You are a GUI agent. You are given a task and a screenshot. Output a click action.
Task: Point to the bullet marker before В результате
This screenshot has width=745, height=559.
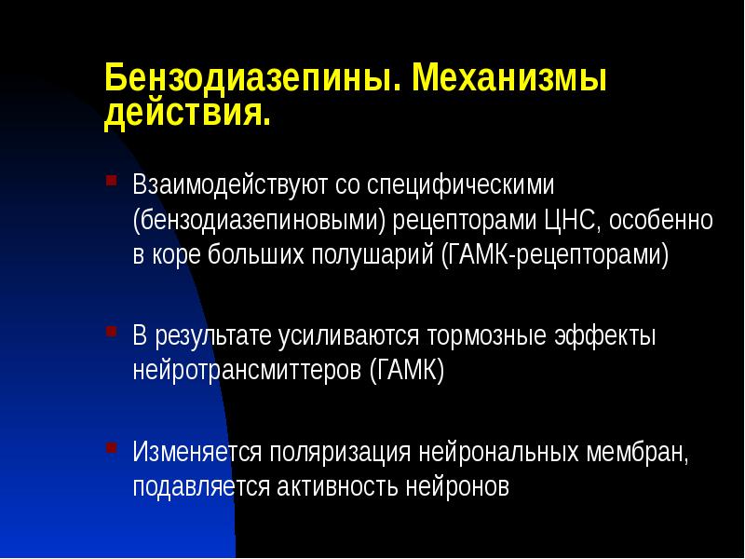click(112, 330)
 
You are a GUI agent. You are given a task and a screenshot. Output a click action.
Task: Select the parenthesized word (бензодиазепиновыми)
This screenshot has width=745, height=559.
click(257, 221)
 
